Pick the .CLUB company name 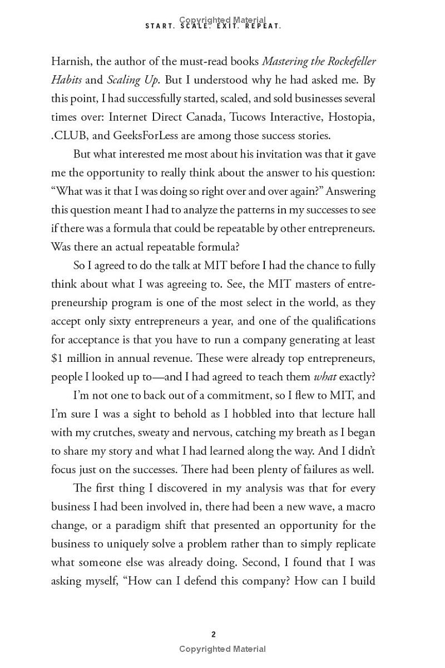[x=70, y=135]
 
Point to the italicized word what [x=325, y=377]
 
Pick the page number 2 [x=214, y=634]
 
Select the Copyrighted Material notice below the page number [x=222, y=649]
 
